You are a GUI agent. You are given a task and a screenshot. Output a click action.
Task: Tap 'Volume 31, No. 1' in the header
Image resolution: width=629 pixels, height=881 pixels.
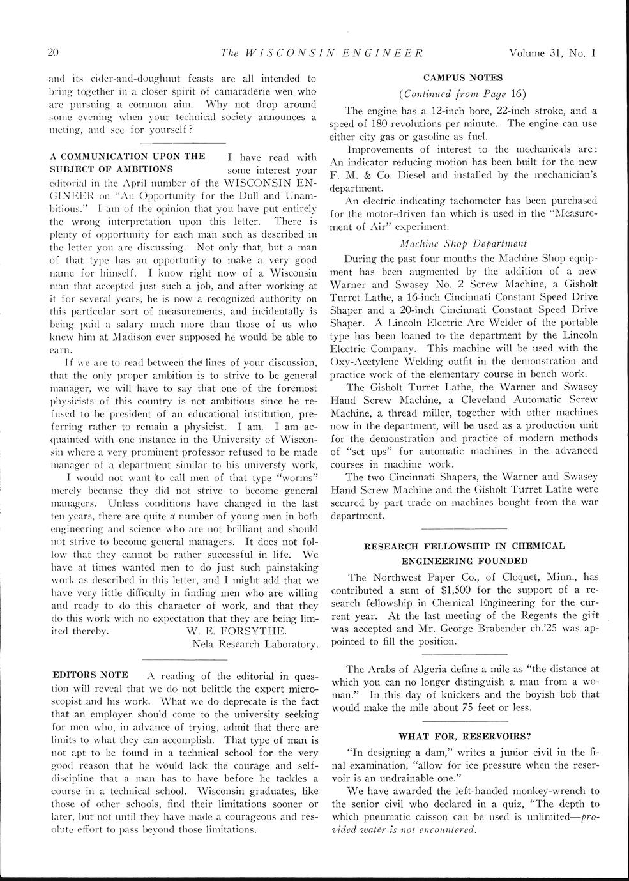552,53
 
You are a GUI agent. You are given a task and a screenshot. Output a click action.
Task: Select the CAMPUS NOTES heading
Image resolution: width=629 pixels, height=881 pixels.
464,78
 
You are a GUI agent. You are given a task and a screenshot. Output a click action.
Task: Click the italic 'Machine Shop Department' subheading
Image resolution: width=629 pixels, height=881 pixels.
463,243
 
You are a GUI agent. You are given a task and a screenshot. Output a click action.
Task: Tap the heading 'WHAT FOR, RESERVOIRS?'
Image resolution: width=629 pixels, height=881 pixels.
464,735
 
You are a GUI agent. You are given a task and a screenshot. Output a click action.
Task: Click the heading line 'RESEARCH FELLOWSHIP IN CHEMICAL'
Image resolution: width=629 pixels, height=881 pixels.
464,546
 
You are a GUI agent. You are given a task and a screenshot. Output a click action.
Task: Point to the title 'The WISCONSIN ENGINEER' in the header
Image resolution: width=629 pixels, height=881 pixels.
321,53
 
